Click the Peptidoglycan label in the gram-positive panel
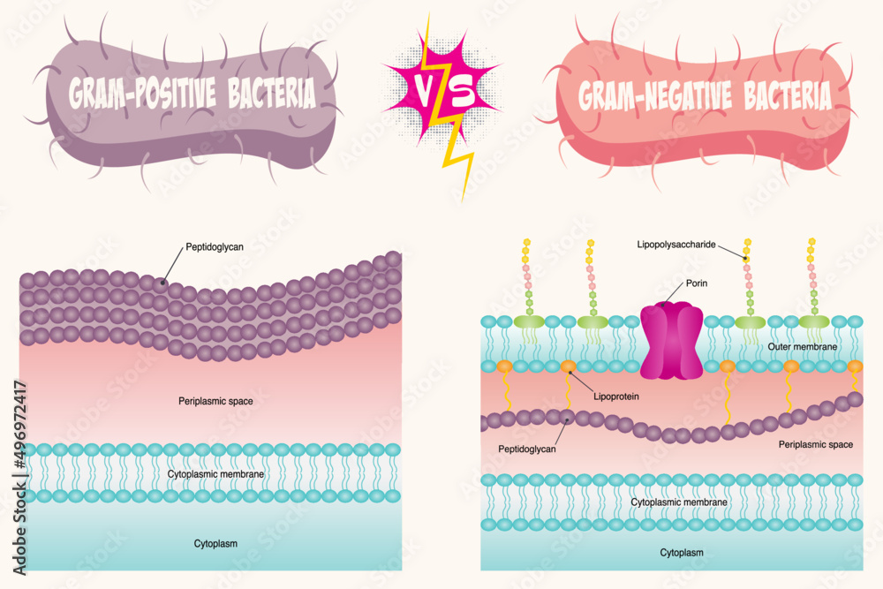point(215,247)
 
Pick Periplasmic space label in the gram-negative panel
point(815,444)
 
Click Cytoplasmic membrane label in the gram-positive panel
point(215,474)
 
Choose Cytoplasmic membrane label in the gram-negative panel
point(679,502)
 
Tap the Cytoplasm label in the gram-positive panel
point(215,543)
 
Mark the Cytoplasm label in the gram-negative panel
point(682,553)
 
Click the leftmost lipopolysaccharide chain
point(526,278)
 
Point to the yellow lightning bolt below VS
point(459,159)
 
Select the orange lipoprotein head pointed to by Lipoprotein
point(568,366)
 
